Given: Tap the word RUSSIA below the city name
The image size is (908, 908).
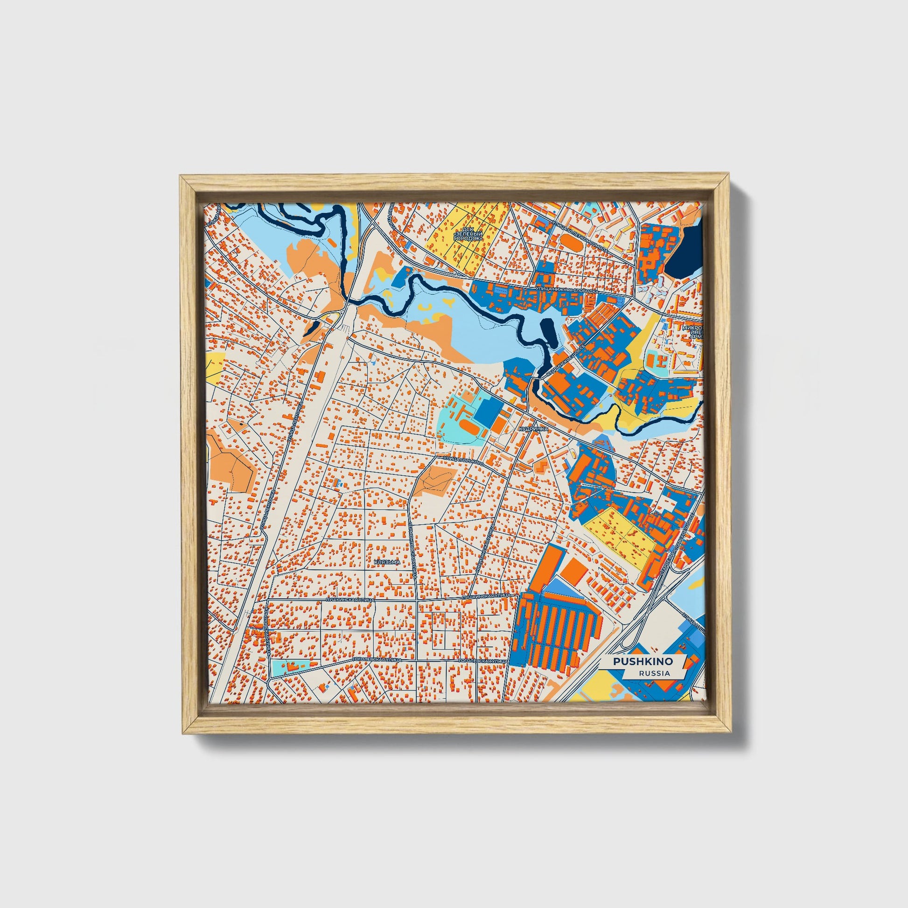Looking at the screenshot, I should click(x=654, y=673).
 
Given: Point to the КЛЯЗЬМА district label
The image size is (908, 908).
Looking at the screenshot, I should click(x=387, y=562).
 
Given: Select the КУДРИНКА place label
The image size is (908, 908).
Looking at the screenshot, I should click(x=533, y=429).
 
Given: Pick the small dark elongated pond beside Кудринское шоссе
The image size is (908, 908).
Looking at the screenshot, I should click(x=547, y=334).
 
